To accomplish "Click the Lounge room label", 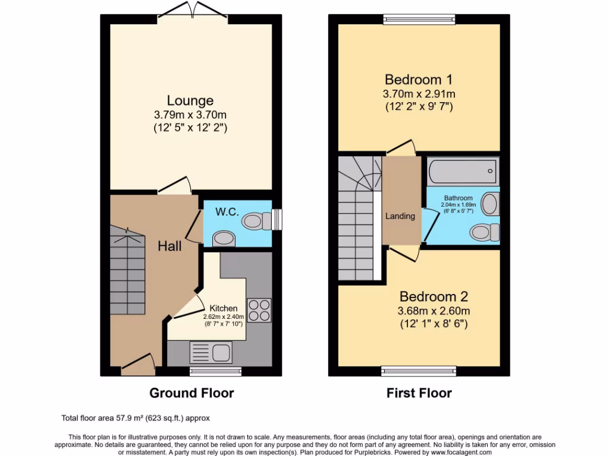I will (190, 100).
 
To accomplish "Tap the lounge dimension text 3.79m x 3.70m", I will (190, 115).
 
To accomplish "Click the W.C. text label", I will (227, 211).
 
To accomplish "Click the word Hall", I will (169, 246).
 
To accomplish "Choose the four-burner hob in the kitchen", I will (259, 310).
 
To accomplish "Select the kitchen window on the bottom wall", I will (215, 372).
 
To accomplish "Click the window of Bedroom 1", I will (419, 19).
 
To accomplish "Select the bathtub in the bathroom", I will (462, 172).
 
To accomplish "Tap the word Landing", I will (400, 216).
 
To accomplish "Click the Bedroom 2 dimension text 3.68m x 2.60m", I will (434, 311).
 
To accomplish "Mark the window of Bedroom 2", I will (419, 372).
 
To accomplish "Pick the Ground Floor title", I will (191, 393).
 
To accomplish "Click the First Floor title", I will (419, 393).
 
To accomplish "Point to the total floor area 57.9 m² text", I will (136, 418).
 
